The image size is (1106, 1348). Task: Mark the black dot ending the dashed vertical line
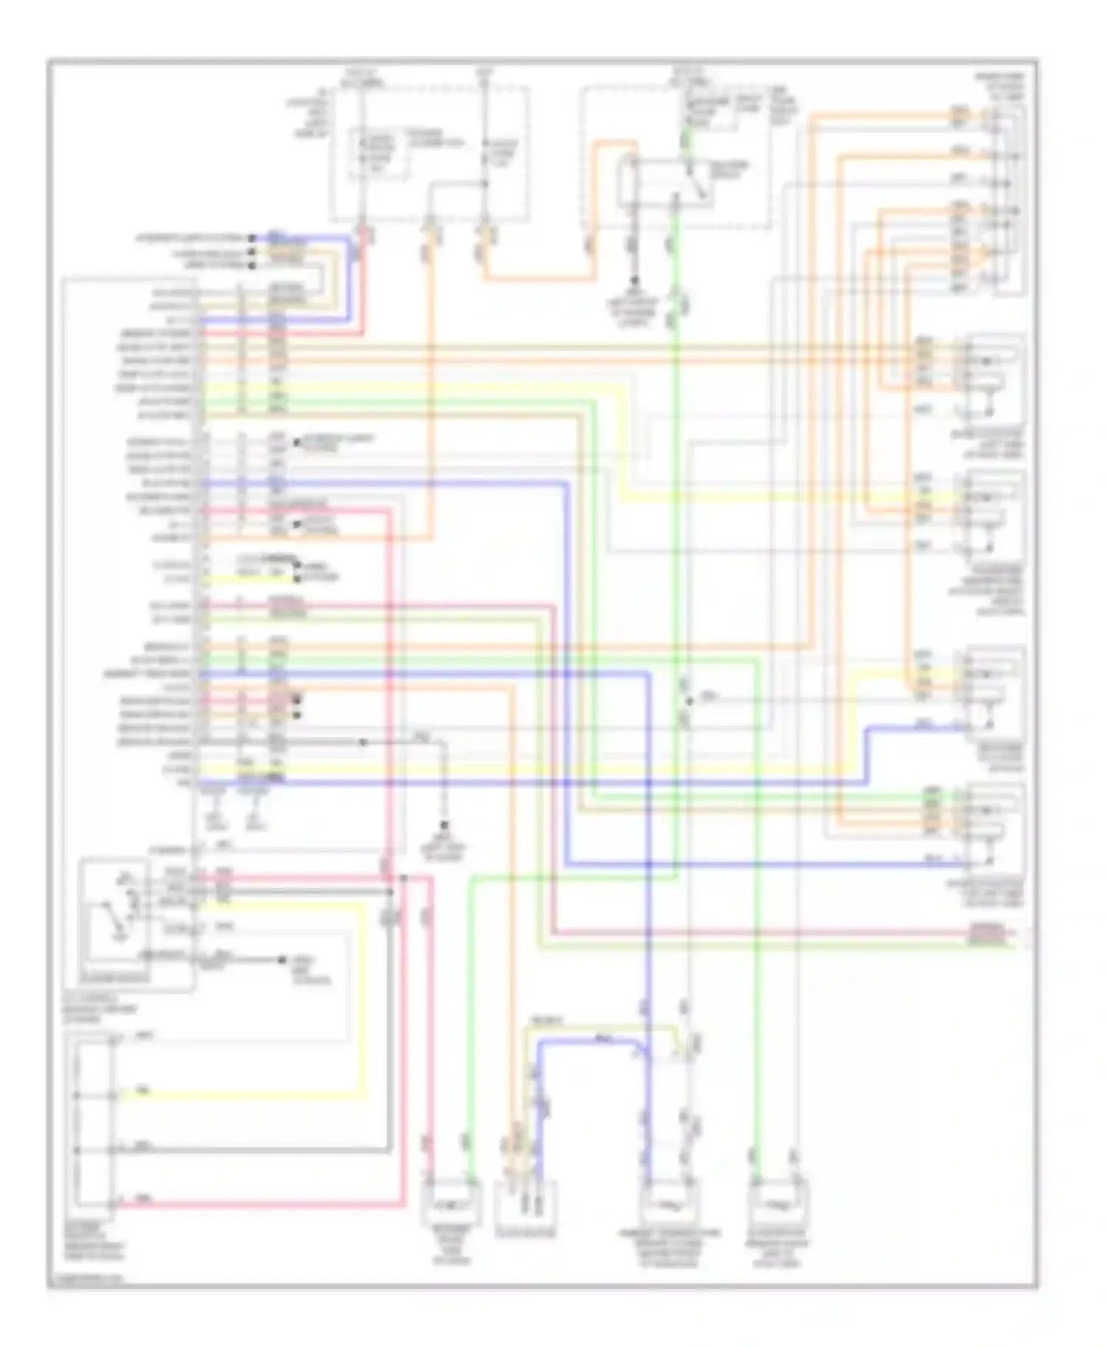pyautogui.click(x=445, y=824)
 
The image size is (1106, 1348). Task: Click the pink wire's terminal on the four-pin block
pyautogui.click(x=112, y=1204)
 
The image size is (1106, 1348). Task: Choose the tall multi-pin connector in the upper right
pyautogui.click(x=1007, y=199)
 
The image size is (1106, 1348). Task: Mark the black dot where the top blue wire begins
pyautogui.click(x=251, y=238)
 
